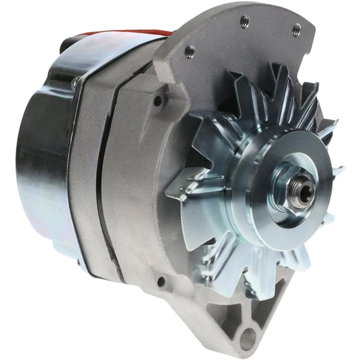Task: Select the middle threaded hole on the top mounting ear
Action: point(244,21)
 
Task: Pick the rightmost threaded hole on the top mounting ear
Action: point(296,29)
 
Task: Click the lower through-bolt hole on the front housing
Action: point(161,282)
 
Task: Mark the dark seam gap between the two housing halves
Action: point(100,181)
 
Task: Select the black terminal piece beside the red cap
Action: point(69,44)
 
